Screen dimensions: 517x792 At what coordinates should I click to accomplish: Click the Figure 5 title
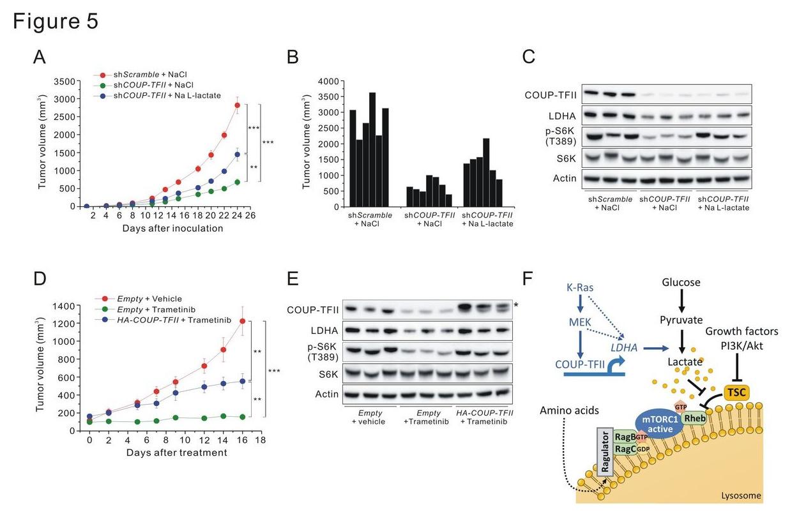click(56, 21)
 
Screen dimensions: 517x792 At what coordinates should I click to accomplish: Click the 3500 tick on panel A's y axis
click(67, 81)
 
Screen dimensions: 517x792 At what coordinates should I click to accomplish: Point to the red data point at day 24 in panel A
click(237, 105)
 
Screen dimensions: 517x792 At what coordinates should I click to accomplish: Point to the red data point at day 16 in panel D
click(243, 321)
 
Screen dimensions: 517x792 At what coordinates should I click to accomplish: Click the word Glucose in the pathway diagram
click(682, 283)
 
